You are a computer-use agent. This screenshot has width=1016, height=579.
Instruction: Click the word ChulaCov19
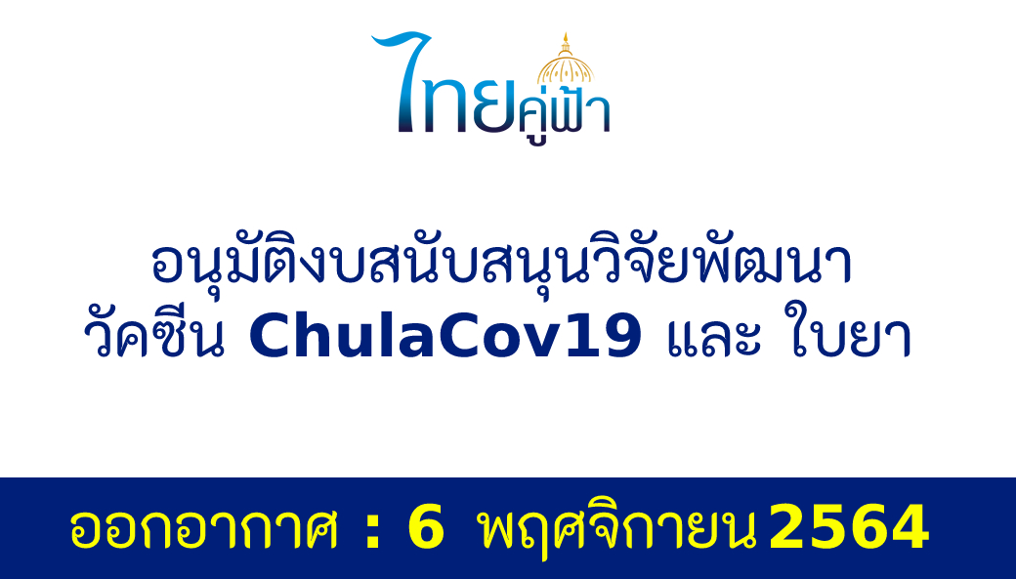tap(445, 336)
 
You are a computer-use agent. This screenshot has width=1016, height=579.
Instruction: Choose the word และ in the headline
tap(714, 338)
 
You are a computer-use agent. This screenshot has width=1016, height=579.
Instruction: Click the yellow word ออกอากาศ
tap(203, 529)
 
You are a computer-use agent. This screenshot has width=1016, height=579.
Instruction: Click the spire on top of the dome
tap(566, 44)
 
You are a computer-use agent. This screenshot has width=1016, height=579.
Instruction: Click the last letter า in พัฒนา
tap(837, 266)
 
